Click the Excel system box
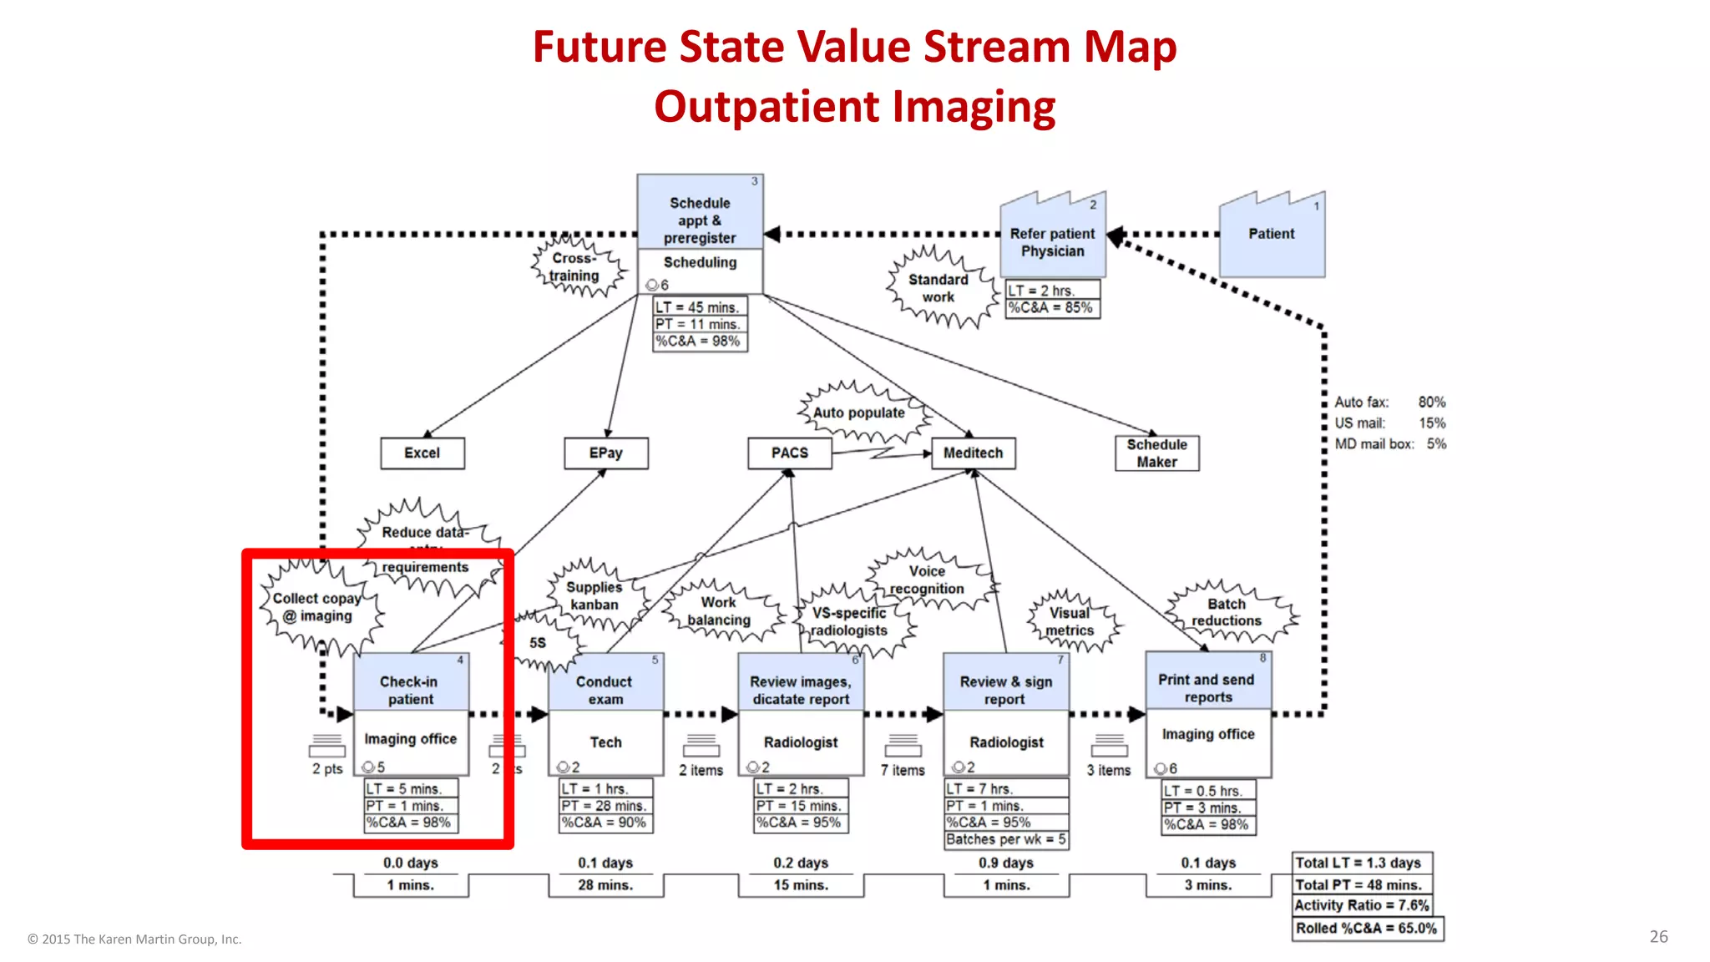coord(422,453)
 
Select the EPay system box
coord(606,453)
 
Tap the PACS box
coord(790,453)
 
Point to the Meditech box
coord(974,453)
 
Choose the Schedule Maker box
coord(1157,453)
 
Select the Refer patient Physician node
coord(1053,242)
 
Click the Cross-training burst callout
coord(575,267)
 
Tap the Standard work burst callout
coord(939,288)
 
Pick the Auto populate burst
coord(859,413)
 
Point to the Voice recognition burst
coord(928,580)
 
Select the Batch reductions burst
coord(1227,612)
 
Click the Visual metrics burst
coord(1070,621)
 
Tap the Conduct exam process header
coord(605,690)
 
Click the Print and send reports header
coord(1207,688)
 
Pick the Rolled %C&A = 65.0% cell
coord(1367,929)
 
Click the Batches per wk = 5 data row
coord(1006,839)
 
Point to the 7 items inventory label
coord(903,771)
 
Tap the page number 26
coord(1658,937)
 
